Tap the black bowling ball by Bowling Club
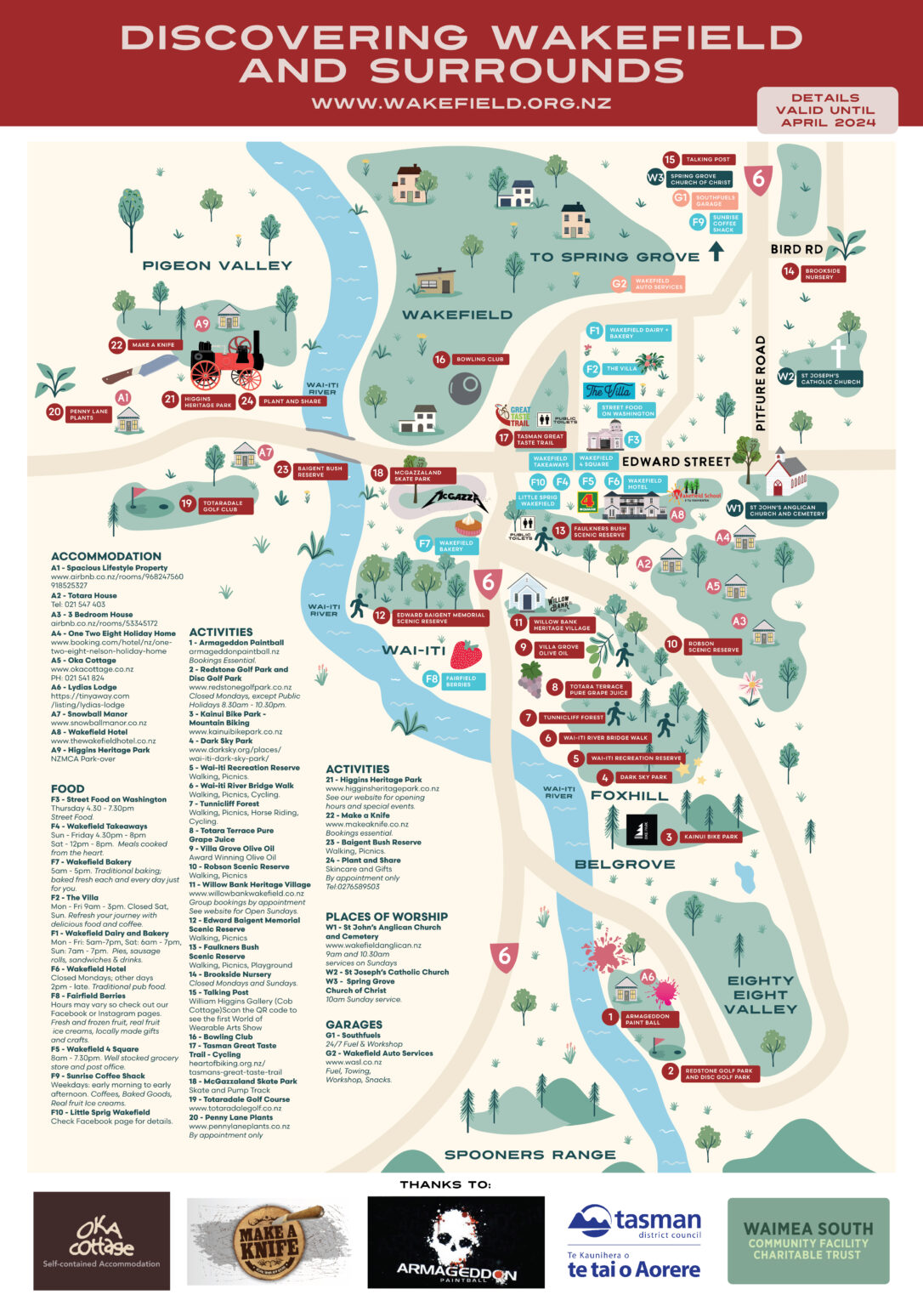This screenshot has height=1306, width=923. (465, 389)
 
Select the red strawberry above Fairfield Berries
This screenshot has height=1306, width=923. (466, 656)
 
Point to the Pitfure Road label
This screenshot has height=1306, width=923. (761, 383)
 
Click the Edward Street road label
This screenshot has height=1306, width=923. (676, 462)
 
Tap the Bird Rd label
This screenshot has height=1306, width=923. (796, 249)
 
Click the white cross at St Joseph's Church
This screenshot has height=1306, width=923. (838, 353)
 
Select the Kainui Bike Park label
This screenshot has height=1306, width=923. (711, 837)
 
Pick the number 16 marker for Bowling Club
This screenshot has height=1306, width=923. (440, 359)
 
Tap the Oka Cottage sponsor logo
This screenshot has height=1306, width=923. (101, 1241)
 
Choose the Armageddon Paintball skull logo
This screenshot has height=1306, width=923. (456, 1241)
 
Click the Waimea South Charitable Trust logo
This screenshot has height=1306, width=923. (807, 1241)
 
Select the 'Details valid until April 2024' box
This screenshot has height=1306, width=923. (826, 111)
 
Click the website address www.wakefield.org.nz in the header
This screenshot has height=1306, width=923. (461, 104)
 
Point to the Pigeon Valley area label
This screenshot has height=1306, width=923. (217, 265)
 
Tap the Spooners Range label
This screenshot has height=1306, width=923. (529, 1155)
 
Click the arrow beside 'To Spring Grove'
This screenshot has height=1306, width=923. (716, 252)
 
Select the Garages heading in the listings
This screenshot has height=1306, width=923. (354, 1025)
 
